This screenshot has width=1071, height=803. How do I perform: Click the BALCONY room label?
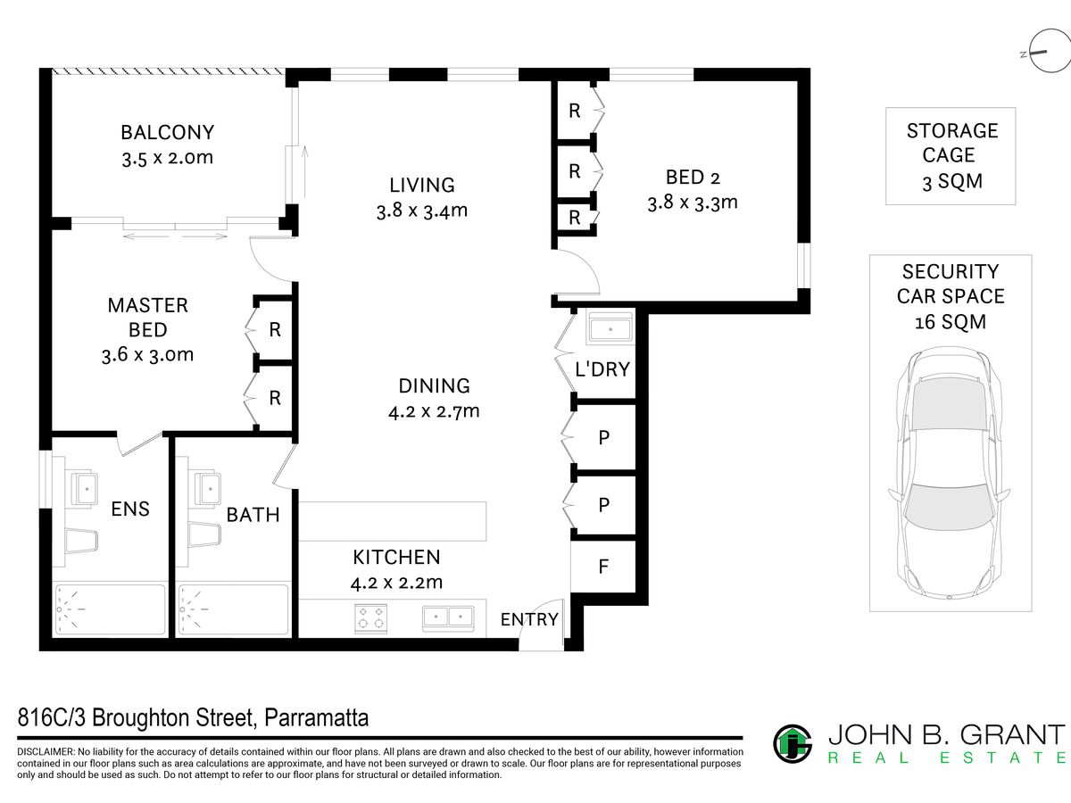168,133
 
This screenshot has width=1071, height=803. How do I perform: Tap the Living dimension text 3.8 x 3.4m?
422,211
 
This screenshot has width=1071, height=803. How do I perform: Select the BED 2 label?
693,177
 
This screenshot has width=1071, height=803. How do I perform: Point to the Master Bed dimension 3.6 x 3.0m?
147,354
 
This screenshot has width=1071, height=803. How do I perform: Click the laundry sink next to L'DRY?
610,327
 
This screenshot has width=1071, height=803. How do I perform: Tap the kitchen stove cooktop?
370,618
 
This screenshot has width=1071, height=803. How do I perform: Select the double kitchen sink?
448,617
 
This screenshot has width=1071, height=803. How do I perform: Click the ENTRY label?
529,619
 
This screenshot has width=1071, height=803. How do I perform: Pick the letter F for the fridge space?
603,567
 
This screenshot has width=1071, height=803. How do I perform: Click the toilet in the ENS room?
81,541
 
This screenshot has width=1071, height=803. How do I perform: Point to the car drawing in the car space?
950,474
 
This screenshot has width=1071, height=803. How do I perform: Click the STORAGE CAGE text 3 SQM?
952,182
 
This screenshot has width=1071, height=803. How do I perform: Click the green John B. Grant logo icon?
793,744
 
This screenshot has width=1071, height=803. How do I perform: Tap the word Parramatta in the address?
317,718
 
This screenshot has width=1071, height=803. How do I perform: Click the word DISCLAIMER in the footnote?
46,752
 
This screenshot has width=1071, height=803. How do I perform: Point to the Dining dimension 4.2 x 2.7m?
434,411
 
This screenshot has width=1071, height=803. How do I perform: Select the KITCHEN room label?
396,558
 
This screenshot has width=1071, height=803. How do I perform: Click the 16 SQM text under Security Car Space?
951,322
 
